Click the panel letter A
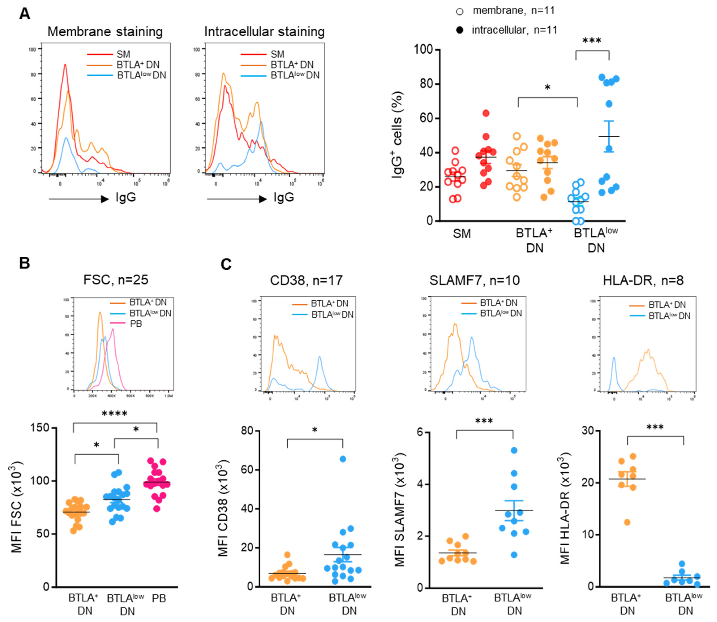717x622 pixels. point(24,14)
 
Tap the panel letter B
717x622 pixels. point(24,263)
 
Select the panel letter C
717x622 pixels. point(226,265)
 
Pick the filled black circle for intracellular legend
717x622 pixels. point(459,30)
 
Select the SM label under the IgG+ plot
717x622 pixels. point(462,234)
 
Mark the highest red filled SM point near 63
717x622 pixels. point(486,113)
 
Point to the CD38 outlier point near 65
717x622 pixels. point(343,459)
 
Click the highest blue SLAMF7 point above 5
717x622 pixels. point(514,450)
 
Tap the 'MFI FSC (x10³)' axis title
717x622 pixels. point(16,507)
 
